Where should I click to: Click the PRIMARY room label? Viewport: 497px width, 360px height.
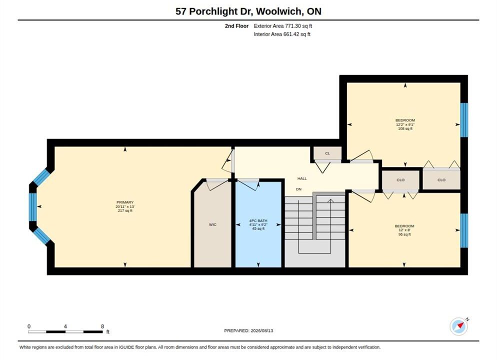tap(125, 202)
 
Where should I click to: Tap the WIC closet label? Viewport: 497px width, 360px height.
tap(212, 224)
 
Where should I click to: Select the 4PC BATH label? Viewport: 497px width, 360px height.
tap(258, 220)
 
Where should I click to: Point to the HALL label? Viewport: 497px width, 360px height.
tap(302, 178)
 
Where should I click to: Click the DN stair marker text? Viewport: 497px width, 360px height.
tap(298, 189)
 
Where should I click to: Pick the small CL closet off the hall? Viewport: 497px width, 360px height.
tap(327, 153)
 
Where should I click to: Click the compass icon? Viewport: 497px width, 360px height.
tap(458, 326)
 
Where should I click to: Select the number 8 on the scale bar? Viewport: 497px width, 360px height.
tap(102, 326)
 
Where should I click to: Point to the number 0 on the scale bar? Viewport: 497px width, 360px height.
tap(29, 326)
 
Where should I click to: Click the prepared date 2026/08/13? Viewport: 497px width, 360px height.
tap(262, 330)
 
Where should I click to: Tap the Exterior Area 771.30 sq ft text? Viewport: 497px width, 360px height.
tap(282, 26)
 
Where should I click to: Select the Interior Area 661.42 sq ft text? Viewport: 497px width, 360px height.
tap(282, 34)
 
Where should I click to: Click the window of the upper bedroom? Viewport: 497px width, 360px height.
tap(464, 120)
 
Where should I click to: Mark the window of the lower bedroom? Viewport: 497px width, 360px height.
tap(464, 230)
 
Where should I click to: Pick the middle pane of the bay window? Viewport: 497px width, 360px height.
tap(33, 207)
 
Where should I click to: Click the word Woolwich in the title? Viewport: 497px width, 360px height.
tap(279, 11)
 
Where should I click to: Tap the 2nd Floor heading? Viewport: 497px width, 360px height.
tap(237, 26)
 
